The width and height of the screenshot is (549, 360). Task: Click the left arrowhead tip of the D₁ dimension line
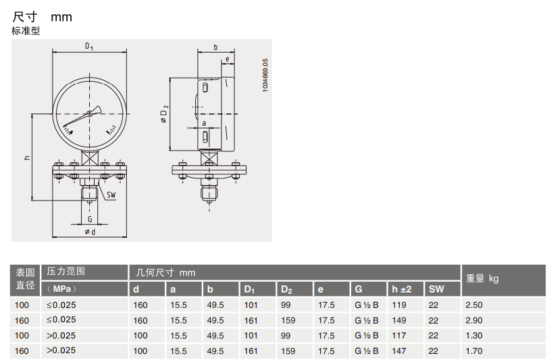coord(53,53)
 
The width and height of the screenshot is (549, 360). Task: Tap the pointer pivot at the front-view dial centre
coord(89,113)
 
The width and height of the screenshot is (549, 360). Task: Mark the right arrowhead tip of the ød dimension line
coord(127,237)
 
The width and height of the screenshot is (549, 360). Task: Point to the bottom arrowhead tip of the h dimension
coord(32,201)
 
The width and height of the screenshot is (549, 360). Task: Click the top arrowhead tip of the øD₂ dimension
coord(169,78)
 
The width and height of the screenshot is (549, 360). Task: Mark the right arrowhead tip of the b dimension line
coord(234,53)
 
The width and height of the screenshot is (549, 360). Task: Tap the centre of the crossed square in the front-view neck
coord(89,158)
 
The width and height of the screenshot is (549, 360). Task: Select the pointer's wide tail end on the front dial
coord(99,109)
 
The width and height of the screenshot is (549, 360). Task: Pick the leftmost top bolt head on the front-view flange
coord(58,164)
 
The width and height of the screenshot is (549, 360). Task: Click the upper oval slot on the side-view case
coord(205,87)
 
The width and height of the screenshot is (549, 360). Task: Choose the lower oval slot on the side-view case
coord(205,136)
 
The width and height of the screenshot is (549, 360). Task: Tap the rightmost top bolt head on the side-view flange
coord(236,164)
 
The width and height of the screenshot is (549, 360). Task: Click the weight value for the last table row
coord(474,351)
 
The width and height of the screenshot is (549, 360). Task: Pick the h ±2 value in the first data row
coord(399,305)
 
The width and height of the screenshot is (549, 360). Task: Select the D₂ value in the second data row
coord(288,320)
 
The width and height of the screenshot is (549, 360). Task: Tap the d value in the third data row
coord(140,336)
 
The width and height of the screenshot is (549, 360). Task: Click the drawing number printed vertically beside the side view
coord(265,75)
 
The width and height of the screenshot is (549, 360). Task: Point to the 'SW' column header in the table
coord(436,289)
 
